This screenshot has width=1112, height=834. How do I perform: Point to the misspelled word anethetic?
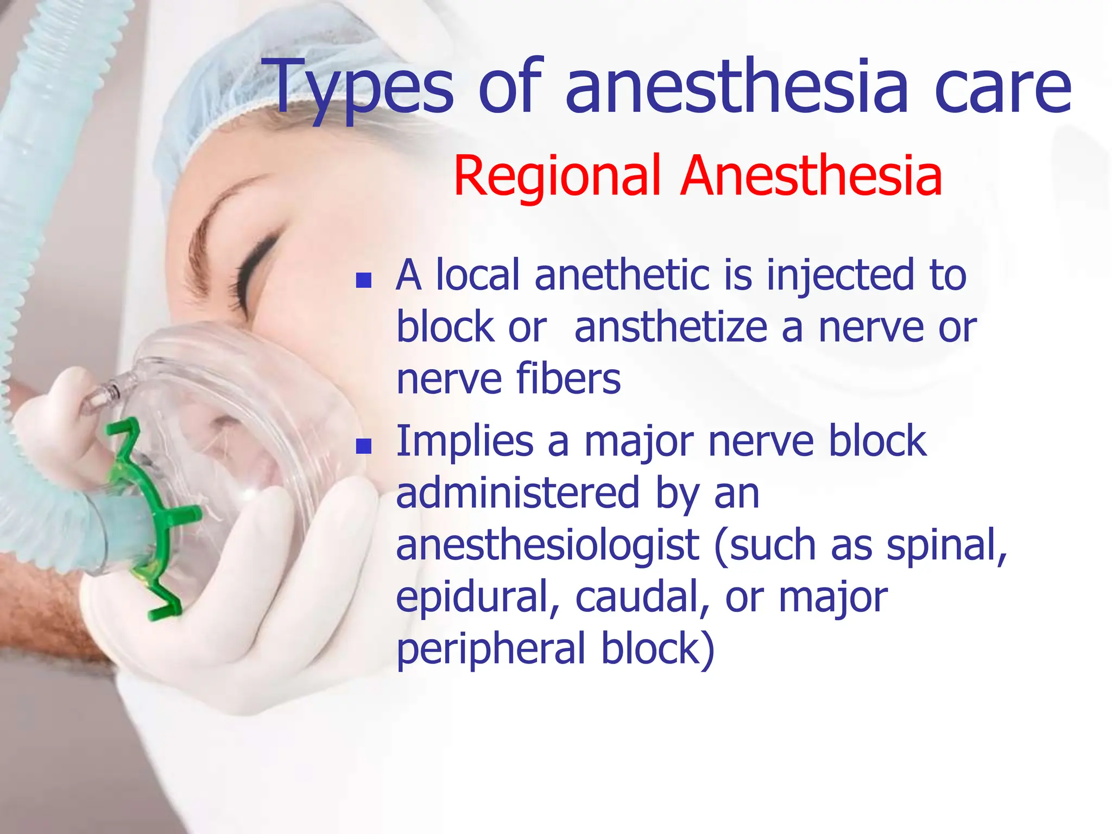[622, 275]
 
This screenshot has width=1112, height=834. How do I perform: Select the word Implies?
[464, 441]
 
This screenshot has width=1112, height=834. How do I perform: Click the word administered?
[518, 492]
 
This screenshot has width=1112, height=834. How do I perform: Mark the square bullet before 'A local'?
[363, 280]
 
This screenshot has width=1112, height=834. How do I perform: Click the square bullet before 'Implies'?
[363, 446]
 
